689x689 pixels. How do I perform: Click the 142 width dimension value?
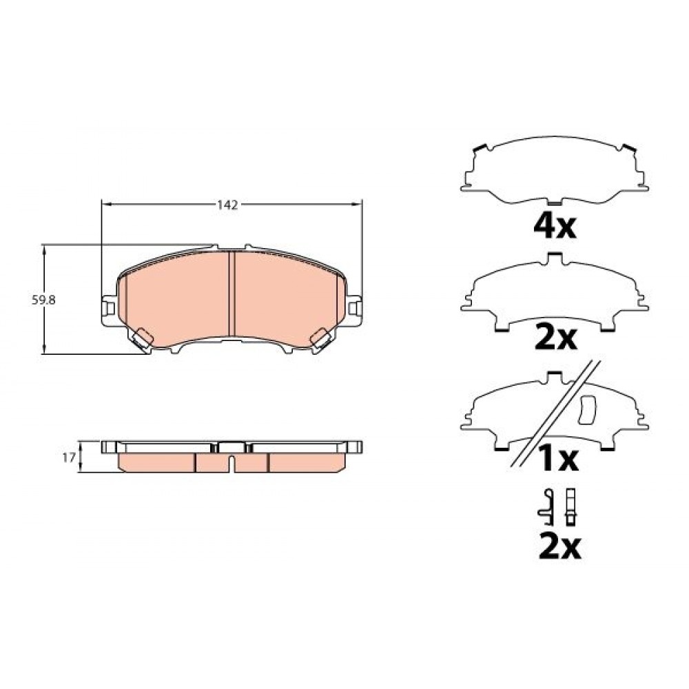coord(227,205)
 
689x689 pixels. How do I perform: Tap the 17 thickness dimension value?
coord(69,458)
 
